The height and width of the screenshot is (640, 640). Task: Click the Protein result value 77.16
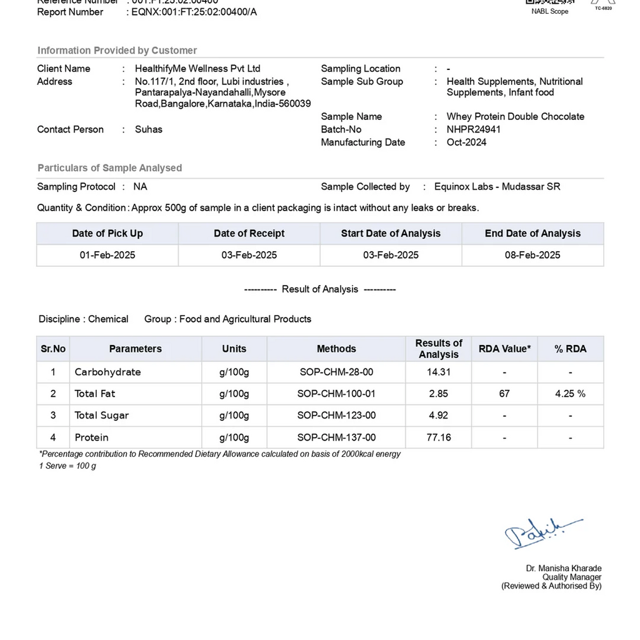coord(439,437)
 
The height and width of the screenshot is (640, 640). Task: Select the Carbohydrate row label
coord(107,372)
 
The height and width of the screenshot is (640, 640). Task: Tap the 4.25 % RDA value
coord(570,394)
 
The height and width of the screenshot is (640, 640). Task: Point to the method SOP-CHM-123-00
coord(336,415)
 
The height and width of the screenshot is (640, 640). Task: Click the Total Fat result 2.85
coord(439,394)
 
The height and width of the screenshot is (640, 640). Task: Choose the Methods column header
coord(336,349)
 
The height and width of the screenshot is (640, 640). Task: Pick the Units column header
coord(234,349)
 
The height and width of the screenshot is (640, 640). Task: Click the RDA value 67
coord(504,394)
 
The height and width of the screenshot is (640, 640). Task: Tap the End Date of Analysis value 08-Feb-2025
coord(532,255)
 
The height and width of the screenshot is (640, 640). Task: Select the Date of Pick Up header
coord(107,233)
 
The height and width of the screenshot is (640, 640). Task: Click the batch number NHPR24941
coord(473,129)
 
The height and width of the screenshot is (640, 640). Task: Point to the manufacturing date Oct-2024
coord(466,142)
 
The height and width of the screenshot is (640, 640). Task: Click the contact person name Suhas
coord(149,129)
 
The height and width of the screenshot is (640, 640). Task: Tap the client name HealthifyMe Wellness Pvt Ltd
coord(197,69)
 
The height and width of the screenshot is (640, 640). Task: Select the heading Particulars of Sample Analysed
coord(110,167)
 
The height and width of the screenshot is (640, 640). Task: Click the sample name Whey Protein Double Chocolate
coord(515,116)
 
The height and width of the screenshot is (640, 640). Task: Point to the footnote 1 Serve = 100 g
coord(67,466)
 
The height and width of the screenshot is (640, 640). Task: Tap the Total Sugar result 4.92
coord(439,415)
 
